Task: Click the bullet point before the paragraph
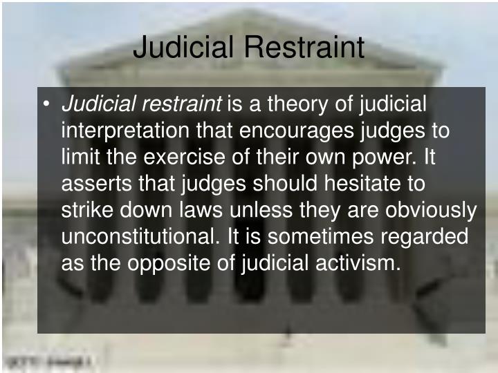pyautogui.click(x=46, y=105)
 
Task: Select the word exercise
pyautogui.click(x=184, y=157)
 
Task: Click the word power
pyautogui.click(x=382, y=157)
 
